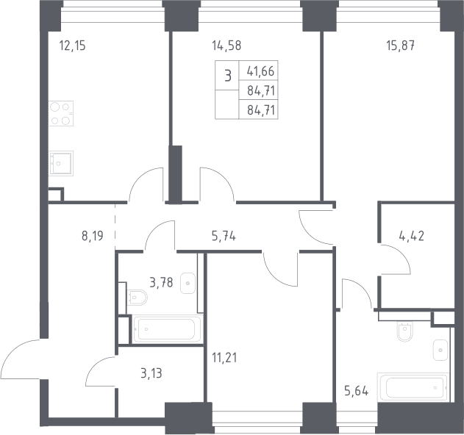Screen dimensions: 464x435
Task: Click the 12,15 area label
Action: pos(73,46)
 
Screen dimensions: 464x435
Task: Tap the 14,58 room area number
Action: pos(226,46)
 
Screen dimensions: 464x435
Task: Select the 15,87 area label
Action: pos(401,46)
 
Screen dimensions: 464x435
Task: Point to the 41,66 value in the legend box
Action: pos(261,71)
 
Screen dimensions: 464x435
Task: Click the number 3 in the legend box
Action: pos(227,76)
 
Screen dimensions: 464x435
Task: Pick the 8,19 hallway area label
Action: pos(93,236)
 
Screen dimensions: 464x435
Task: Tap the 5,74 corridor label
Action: pos(224,236)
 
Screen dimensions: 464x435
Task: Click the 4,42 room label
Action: pos(412,236)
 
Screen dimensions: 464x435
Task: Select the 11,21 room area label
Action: pos(224,358)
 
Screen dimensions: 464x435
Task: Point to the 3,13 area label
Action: pos(151,373)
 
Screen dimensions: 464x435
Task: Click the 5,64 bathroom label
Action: pos(357,391)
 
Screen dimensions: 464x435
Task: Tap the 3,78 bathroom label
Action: pos(161,283)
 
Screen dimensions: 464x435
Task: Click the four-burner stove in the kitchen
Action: pos(61,114)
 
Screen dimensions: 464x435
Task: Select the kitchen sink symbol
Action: pos(61,164)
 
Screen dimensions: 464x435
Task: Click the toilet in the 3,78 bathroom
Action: pos(137,298)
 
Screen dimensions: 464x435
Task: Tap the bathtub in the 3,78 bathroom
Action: pos(168,329)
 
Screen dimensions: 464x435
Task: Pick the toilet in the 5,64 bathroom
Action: pos(404,331)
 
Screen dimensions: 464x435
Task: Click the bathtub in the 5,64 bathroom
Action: pos(413,387)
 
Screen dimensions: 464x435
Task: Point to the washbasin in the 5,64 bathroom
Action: pos(440,350)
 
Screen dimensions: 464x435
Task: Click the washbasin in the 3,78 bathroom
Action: pos(188,284)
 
